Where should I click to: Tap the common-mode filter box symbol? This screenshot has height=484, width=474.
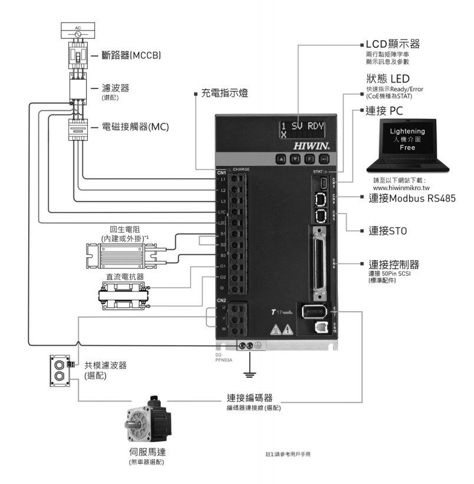click(58, 370)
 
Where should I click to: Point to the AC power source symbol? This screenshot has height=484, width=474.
click(78, 34)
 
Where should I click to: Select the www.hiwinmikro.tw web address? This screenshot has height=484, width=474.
click(400, 187)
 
